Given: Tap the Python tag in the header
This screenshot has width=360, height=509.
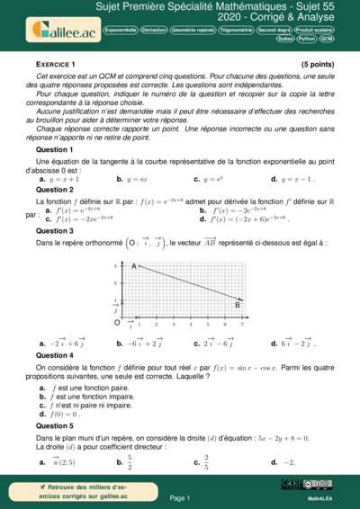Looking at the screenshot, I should pyautogui.click(x=307, y=40).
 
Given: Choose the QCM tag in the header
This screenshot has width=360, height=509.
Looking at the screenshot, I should pyautogui.click(x=327, y=40).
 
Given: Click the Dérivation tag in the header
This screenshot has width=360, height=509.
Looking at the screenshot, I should pyautogui.click(x=153, y=30).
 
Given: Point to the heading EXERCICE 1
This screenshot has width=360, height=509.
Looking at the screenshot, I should pyautogui.click(x=56, y=66).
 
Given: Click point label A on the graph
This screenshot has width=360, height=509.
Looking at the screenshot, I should pyautogui.click(x=134, y=266).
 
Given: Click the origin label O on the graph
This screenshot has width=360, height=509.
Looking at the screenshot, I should pyautogui.click(x=117, y=321).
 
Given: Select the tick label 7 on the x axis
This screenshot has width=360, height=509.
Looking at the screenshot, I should pyautogui.click(x=242, y=324).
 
